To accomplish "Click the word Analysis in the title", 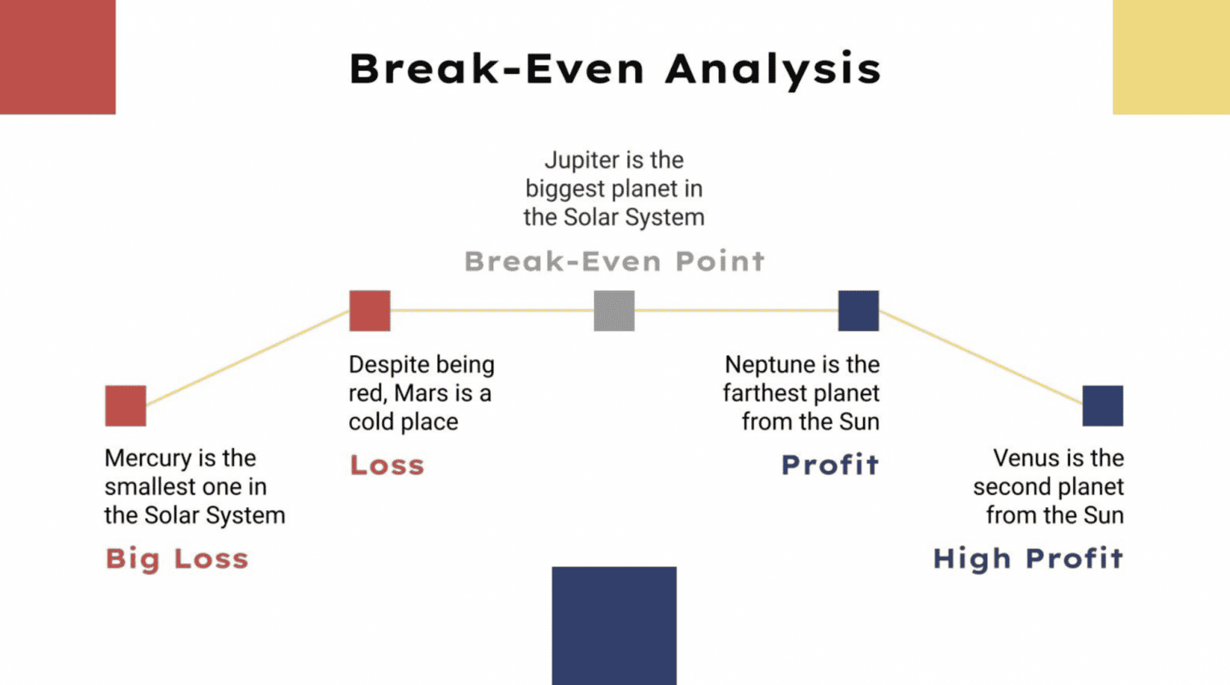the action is point(773,70).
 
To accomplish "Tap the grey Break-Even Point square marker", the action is point(614,311).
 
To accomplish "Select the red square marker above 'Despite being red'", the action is point(369,311).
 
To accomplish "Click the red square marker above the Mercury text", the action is point(126,406).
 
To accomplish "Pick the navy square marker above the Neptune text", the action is point(858,311).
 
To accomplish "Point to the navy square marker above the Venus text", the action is point(1103,406).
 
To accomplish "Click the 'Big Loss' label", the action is point(177,559).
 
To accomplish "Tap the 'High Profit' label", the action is point(1028,558).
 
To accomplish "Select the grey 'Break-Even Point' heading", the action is point(614,261).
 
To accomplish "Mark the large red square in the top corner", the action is point(58,57).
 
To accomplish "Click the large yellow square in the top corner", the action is point(1172,57).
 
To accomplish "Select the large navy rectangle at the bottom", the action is point(614,626).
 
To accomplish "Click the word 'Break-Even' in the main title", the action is point(497,69).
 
